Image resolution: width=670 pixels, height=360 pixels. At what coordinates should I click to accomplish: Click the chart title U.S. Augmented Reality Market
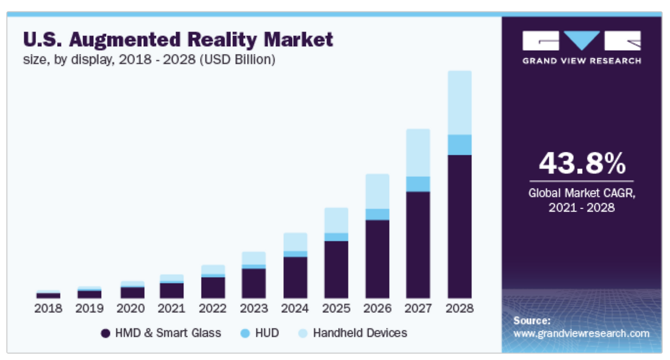(178, 40)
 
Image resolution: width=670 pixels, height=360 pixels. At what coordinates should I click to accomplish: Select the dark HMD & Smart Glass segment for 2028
(460, 226)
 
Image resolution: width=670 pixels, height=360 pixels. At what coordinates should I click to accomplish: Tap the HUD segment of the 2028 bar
(460, 145)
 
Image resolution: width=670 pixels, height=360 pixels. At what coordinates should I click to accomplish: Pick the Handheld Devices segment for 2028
(460, 103)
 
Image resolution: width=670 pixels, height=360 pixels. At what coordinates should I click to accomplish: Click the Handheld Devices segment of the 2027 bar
(418, 153)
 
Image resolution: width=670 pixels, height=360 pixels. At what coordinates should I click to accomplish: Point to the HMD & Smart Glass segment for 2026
(377, 259)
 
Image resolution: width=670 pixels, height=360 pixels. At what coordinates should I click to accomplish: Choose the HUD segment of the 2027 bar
(418, 184)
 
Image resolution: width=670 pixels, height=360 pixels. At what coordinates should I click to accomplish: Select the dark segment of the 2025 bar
(336, 269)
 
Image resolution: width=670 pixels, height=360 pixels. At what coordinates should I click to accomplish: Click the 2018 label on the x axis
(48, 308)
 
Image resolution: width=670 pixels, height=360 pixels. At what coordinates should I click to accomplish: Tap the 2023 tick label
(254, 308)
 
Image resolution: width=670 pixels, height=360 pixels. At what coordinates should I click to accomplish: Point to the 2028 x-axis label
(460, 308)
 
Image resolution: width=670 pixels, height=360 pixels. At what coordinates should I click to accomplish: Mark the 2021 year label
(172, 308)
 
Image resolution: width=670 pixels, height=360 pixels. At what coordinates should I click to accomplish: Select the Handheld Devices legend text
(360, 333)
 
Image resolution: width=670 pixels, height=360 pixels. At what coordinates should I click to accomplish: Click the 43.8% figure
(582, 164)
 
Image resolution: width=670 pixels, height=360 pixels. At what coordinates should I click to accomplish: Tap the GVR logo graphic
(581, 41)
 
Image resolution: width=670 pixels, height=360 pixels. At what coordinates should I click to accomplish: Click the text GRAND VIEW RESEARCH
(581, 61)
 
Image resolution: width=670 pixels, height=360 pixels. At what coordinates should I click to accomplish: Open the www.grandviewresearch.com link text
(581, 333)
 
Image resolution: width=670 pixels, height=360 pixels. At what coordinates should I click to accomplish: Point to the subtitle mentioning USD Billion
(149, 60)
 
